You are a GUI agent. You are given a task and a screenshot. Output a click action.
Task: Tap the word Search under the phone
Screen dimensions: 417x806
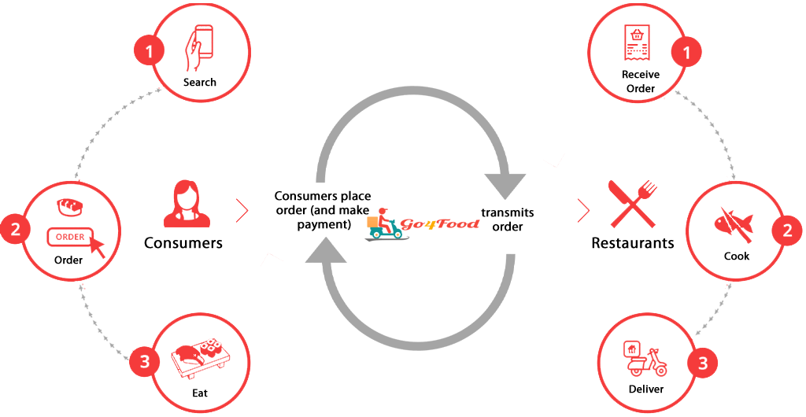click(199, 82)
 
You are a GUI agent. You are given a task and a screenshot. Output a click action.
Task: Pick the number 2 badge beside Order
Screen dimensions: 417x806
click(15, 231)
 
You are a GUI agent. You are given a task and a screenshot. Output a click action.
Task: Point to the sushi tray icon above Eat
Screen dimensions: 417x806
click(199, 356)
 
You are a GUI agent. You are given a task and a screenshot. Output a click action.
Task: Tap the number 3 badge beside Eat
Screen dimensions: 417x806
click(144, 362)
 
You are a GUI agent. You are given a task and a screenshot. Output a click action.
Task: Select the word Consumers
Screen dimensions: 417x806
click(183, 242)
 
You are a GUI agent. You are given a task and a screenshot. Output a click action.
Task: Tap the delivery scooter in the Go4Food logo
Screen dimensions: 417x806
click(383, 224)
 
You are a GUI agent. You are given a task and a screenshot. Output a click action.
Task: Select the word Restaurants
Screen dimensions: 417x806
click(632, 242)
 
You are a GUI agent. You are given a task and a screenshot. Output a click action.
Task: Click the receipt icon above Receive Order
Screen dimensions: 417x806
click(640, 44)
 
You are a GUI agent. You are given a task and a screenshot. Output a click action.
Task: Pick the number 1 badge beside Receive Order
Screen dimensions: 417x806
click(686, 53)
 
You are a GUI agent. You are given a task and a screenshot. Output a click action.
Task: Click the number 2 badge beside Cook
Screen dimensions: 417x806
click(786, 231)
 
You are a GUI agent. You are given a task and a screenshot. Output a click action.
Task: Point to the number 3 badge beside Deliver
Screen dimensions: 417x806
click(702, 363)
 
